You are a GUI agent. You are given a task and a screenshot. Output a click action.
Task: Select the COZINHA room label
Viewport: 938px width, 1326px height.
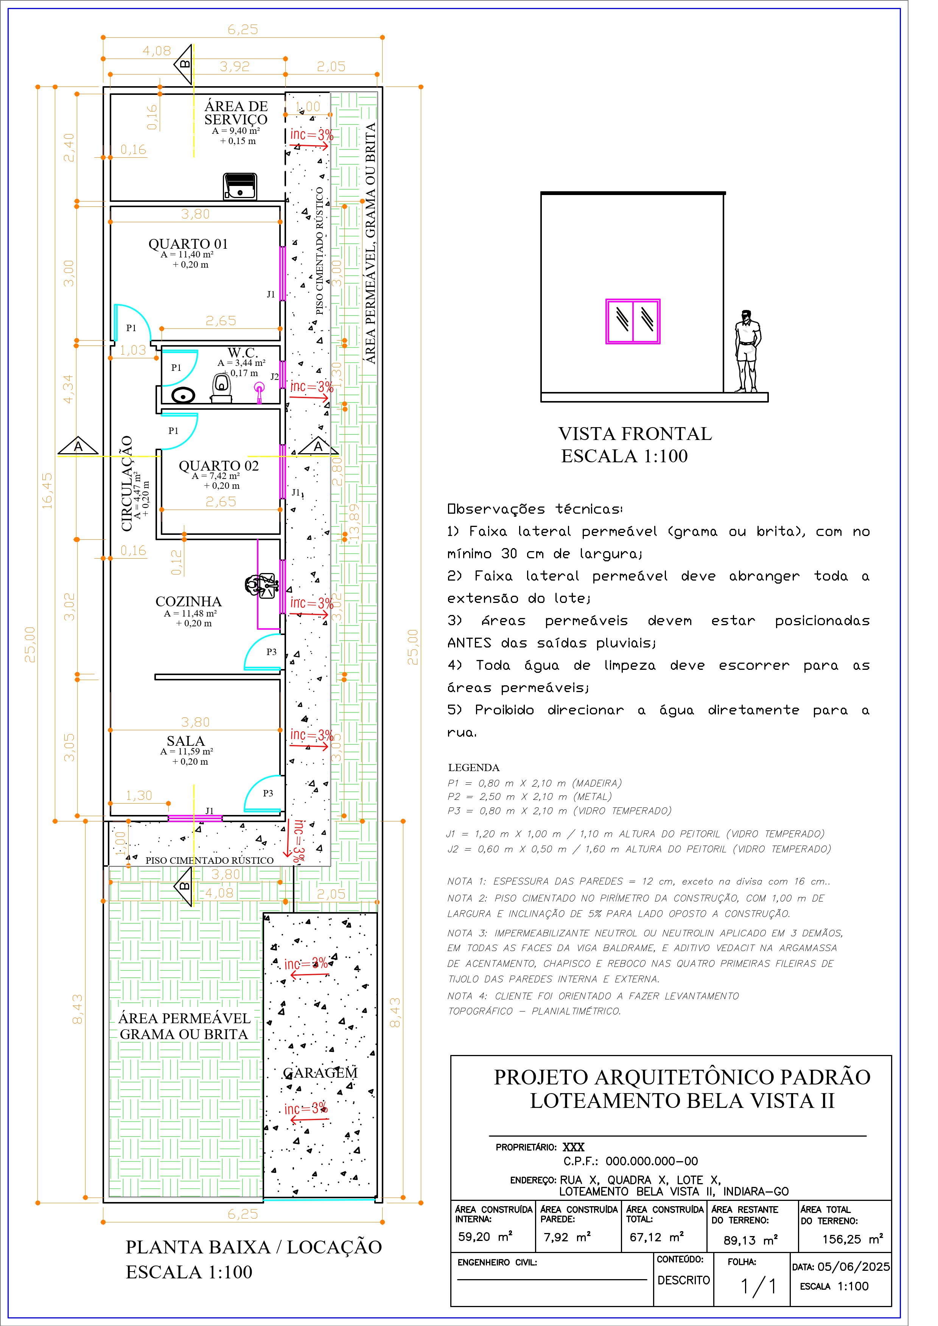pos(188,601)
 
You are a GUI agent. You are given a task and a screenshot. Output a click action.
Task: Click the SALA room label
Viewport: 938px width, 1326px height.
pos(185,740)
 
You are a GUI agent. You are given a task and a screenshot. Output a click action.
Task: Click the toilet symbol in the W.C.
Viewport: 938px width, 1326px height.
pos(221,387)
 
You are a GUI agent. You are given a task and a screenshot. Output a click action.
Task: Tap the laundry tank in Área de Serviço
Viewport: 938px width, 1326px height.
pos(240,186)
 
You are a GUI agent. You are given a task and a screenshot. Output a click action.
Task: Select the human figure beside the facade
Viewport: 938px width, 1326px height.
pos(747,351)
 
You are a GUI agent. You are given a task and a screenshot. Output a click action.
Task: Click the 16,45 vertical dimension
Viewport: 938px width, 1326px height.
pos(47,491)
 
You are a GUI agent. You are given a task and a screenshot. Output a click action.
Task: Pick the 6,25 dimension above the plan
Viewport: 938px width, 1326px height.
pos(243,29)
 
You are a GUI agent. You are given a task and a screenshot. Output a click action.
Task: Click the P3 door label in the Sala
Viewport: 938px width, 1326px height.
pos(268,793)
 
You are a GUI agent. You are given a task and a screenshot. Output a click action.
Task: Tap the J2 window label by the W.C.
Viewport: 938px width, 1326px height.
pos(275,376)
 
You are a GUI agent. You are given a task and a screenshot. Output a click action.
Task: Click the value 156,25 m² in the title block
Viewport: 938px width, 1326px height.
pos(852,1239)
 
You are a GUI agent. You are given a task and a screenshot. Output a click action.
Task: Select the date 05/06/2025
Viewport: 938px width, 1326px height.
pos(853,1267)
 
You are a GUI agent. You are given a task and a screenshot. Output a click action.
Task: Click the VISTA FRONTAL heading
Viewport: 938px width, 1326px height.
pos(635,434)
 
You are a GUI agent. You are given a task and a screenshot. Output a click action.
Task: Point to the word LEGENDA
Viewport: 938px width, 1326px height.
pos(473,768)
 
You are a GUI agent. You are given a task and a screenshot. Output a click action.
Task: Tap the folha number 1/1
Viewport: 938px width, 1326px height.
pos(758,1286)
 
